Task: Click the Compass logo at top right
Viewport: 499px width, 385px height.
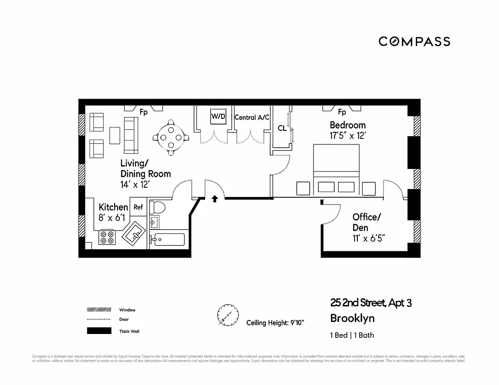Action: (414, 41)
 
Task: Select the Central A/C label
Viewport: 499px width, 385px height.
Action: (252, 117)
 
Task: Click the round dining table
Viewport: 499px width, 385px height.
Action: (171, 137)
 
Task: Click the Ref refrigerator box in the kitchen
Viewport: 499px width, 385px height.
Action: (138, 207)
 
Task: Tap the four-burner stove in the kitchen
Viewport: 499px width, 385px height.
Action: (107, 237)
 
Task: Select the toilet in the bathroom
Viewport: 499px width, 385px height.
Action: (157, 207)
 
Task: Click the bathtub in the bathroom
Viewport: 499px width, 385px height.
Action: (168, 238)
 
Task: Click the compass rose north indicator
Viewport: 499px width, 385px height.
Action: (227, 315)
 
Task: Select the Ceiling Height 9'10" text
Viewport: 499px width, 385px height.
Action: (275, 322)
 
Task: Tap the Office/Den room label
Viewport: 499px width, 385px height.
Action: (367, 222)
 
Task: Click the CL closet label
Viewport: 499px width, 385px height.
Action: (282, 128)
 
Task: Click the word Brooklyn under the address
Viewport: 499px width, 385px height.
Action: (352, 318)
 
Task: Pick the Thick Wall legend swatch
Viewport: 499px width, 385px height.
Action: (99, 331)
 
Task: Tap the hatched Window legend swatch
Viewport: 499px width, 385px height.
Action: (99, 310)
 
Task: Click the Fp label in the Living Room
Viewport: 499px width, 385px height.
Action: (144, 112)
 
